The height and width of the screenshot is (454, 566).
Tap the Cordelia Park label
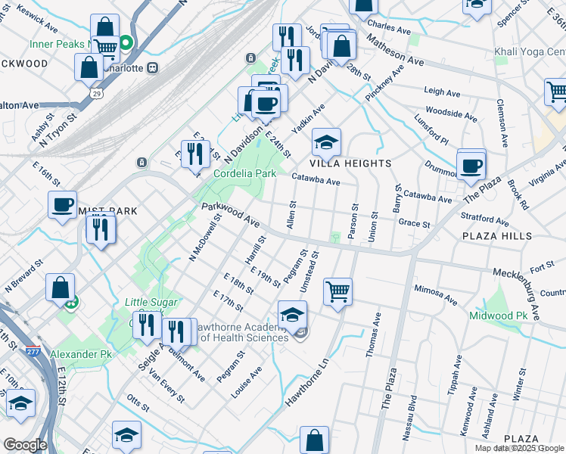(244, 173)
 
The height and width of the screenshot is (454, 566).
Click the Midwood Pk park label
(498, 315)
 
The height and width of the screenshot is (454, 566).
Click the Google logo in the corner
(24, 445)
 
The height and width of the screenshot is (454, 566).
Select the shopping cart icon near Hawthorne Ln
(337, 291)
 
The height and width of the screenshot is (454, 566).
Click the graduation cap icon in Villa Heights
(326, 142)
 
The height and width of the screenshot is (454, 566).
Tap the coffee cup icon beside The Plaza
(471, 165)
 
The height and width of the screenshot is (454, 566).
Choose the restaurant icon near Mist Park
(100, 229)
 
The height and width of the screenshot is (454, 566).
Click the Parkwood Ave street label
(230, 216)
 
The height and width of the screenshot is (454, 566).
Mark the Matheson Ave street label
(395, 49)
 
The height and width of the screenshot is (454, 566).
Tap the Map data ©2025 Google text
(518, 448)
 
